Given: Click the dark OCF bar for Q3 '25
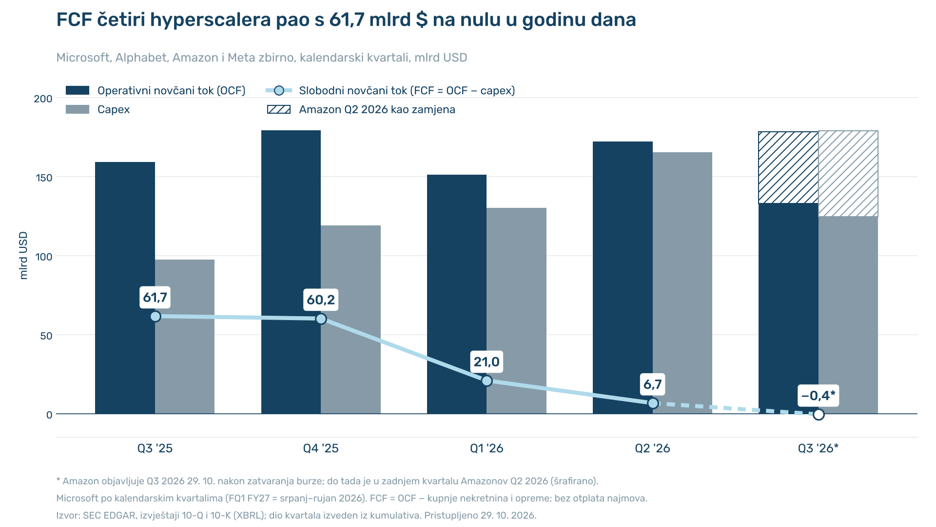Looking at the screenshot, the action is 125,288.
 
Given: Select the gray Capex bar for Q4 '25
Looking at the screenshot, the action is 351,320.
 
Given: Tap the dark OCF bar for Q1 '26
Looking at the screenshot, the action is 457,294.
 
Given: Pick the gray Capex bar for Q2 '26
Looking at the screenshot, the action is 682,283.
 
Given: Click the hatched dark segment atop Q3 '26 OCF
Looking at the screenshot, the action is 788,167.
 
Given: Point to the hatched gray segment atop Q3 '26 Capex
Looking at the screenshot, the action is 848,174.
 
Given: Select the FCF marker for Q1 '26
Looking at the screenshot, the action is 487,381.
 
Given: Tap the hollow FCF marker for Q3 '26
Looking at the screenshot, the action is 819,414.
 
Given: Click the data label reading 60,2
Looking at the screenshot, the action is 321,300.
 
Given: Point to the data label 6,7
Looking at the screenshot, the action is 653,384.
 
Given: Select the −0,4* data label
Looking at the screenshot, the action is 819,395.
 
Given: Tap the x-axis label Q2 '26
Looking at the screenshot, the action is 652,448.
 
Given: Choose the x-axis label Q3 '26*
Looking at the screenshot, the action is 818,448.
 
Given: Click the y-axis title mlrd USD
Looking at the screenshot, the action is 23,256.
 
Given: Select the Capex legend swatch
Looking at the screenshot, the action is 78,109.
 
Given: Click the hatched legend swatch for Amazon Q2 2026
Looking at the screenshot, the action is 279,109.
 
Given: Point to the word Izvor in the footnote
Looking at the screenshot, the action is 67,515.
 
